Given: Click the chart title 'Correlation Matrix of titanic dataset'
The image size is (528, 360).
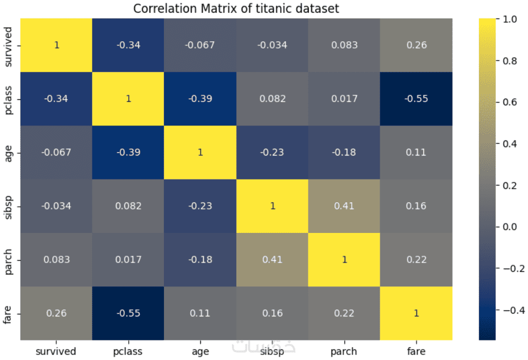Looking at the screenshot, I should [236, 9].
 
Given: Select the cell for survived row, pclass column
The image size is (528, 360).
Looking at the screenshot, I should [128, 45].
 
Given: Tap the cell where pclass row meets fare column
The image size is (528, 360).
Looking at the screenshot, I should [416, 99].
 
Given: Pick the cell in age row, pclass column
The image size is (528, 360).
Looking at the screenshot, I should [128, 152].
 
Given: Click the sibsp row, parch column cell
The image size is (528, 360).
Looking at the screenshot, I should [344, 206].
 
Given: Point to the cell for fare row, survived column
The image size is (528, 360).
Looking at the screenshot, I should [56, 313].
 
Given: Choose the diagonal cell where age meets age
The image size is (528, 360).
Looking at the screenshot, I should [200, 152].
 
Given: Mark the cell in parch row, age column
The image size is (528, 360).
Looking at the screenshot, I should [200, 260].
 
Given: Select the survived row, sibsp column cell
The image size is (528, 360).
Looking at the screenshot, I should [272, 45].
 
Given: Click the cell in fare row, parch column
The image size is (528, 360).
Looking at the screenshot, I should [344, 313].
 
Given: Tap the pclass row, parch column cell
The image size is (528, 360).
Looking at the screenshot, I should [344, 99].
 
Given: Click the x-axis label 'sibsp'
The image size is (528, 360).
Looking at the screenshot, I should [272, 351].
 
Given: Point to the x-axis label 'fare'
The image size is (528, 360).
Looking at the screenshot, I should [416, 351].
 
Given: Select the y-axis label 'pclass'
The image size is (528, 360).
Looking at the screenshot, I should [8, 99].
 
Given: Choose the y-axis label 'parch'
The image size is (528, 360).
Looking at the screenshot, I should [8, 260].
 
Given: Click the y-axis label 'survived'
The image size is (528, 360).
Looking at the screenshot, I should [8, 45].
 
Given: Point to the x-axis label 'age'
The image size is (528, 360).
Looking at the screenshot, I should [200, 351].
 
